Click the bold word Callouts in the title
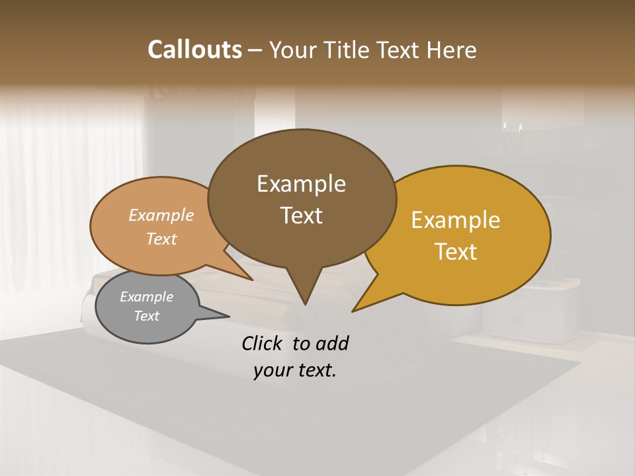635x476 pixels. tap(194, 50)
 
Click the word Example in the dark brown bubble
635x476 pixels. tap(301, 184)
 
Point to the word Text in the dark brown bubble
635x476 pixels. tap(301, 216)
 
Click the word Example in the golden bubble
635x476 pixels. tap(456, 220)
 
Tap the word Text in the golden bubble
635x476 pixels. tap(456, 252)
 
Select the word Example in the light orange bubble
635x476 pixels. tap(161, 216)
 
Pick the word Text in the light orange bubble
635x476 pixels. tap(161, 239)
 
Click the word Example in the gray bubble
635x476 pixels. tap(146, 297)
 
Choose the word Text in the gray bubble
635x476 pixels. tap(146, 316)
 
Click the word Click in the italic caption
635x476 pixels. tap(263, 343)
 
